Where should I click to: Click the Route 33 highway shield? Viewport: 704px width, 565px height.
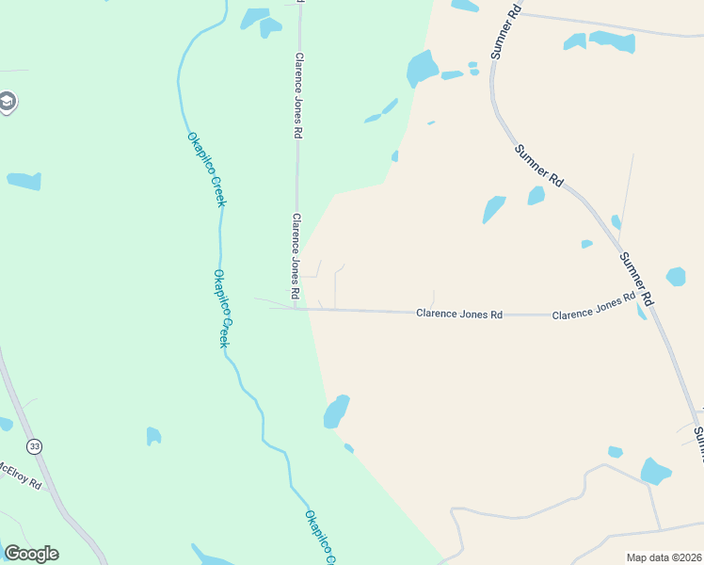point(35,446)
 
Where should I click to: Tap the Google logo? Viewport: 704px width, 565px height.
point(31,554)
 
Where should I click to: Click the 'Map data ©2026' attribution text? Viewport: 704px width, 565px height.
point(663,557)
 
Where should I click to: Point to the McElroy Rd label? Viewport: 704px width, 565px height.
point(21,475)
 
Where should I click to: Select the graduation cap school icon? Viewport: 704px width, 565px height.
point(8,102)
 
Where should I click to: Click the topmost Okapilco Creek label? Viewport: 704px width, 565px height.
point(206,169)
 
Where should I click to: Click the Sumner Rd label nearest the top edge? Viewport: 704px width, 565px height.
point(506,31)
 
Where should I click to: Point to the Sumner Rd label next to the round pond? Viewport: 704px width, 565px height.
point(636,277)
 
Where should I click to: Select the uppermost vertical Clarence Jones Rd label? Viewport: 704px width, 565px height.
point(297,96)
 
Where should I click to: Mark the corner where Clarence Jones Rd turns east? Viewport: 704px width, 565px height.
point(296,309)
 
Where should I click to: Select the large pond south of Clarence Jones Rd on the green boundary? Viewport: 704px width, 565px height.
point(336,412)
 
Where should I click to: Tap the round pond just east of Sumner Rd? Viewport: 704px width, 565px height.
point(676,277)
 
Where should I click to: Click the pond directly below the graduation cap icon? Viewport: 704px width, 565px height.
point(24,181)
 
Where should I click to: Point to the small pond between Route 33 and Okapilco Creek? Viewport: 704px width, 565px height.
point(153,436)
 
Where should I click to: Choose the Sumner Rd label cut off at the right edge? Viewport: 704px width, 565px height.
point(698,443)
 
